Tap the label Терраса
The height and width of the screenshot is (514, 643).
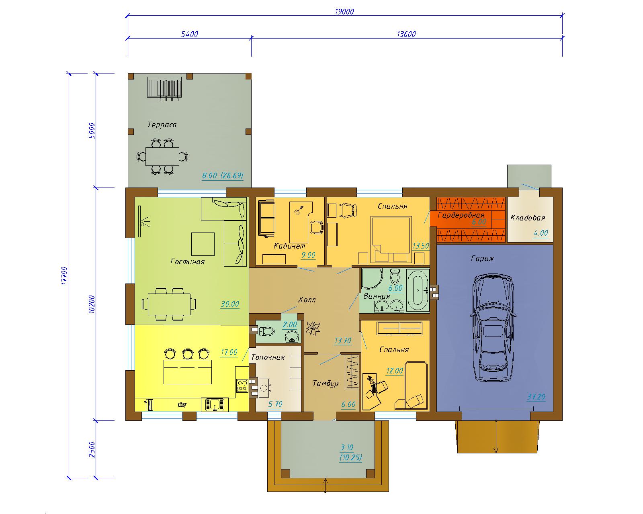[162, 125]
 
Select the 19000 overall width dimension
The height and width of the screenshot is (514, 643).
[344, 12]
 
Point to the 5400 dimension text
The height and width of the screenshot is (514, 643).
[189, 35]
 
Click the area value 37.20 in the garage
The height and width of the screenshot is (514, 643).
[536, 397]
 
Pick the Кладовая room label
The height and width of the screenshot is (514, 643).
[527, 218]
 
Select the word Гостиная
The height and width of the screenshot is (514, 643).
[187, 262]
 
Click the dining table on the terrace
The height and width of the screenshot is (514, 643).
[162, 156]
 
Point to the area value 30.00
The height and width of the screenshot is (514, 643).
[230, 304]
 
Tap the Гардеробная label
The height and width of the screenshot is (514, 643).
[461, 215]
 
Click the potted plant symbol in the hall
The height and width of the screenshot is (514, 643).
[313, 328]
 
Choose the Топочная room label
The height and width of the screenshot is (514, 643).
[268, 357]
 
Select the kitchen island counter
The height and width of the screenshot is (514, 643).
[188, 372]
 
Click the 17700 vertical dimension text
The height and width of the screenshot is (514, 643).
[65, 276]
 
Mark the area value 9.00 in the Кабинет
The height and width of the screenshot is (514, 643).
[308, 255]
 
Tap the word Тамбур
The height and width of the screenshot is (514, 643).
[326, 383]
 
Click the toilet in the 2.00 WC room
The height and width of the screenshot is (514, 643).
[266, 331]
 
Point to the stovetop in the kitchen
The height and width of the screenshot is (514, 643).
[242, 385]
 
